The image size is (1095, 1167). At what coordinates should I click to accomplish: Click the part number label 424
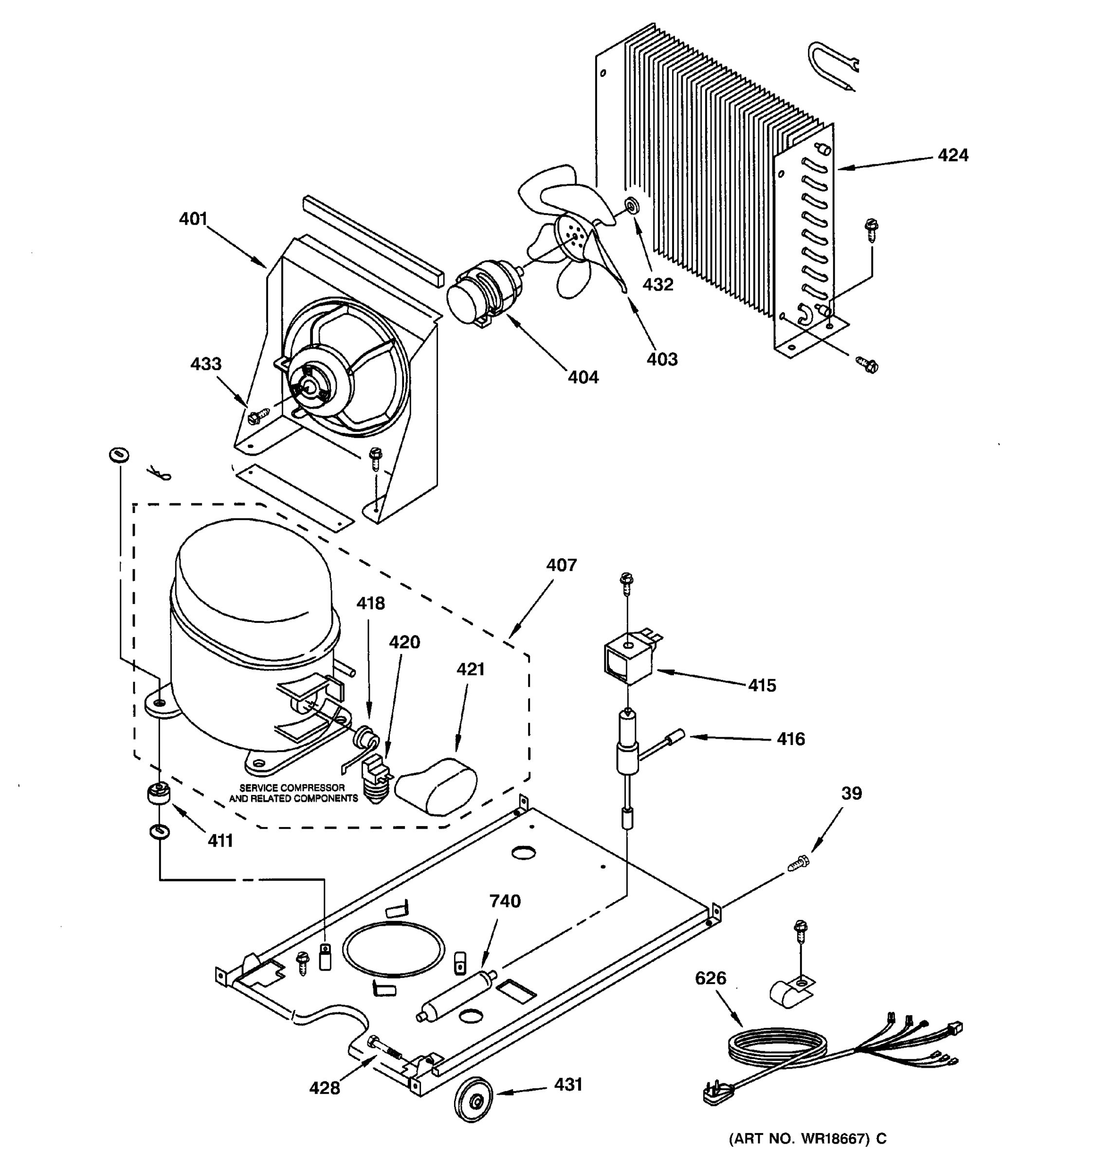pyautogui.click(x=953, y=156)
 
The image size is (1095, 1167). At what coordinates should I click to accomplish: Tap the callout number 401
pyautogui.click(x=193, y=219)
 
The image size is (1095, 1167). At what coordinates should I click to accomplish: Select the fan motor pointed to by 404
pyautogui.click(x=483, y=294)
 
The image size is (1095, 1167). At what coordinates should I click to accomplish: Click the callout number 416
pyautogui.click(x=791, y=739)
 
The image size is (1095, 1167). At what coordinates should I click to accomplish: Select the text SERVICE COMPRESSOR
pyautogui.click(x=292, y=788)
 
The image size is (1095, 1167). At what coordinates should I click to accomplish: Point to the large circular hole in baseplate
pyautogui.click(x=393, y=950)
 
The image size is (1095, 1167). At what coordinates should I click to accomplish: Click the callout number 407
pyautogui.click(x=562, y=566)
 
